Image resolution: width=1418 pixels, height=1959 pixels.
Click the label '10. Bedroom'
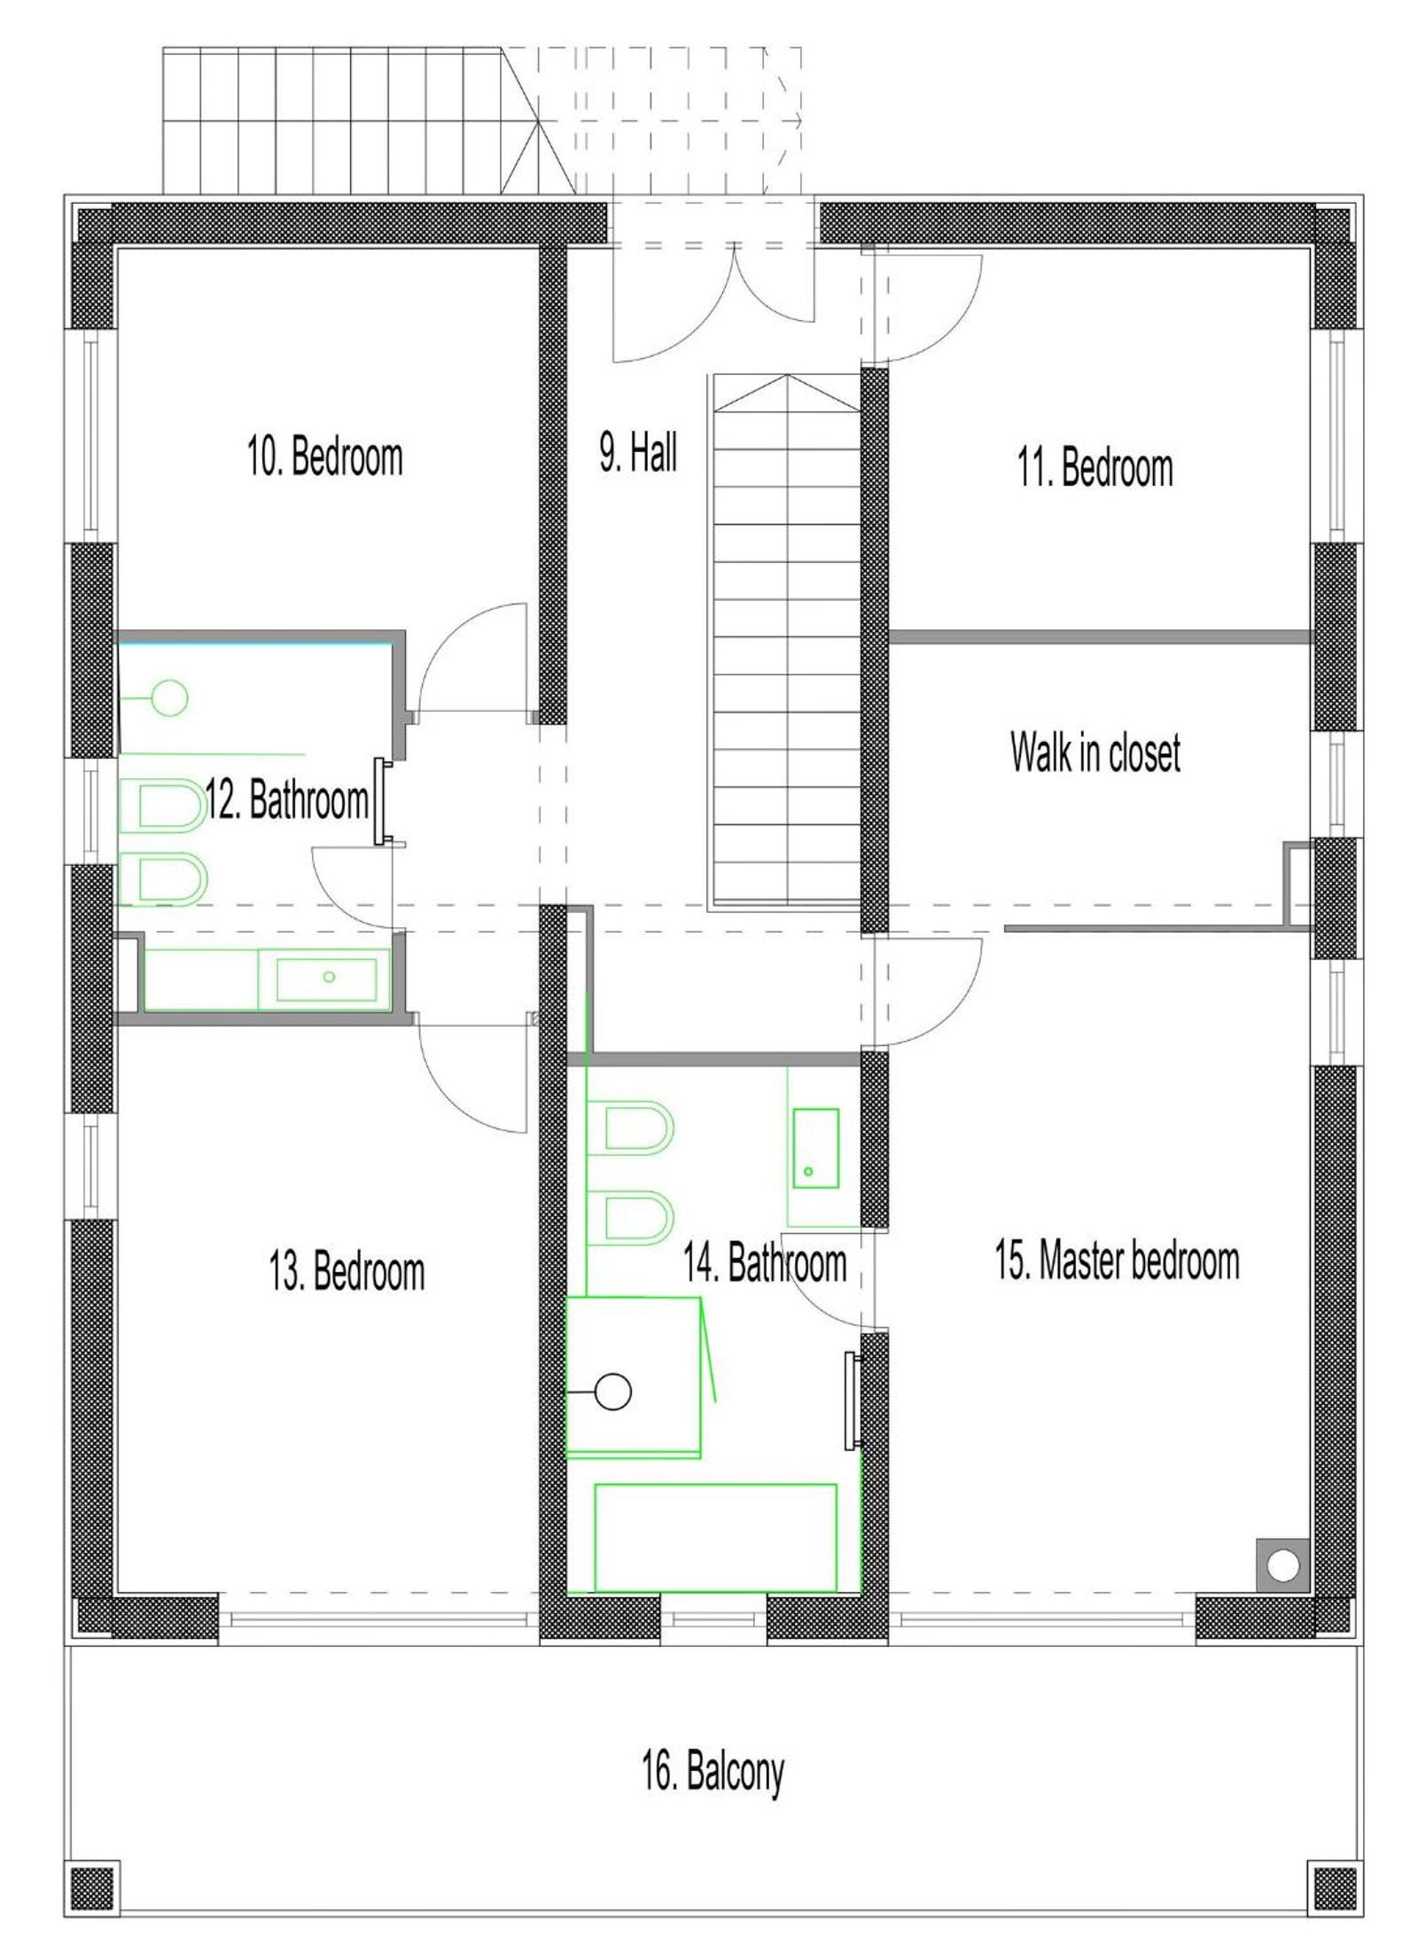tap(324, 457)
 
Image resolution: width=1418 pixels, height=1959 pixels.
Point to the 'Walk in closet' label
tap(1095, 752)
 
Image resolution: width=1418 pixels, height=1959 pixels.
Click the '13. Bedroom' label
tap(347, 1270)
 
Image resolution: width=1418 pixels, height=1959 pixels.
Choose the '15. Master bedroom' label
tap(1117, 1260)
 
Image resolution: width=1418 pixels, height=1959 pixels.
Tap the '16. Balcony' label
tap(713, 1771)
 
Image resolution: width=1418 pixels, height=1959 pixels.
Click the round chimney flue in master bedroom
tap(1282, 1565)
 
